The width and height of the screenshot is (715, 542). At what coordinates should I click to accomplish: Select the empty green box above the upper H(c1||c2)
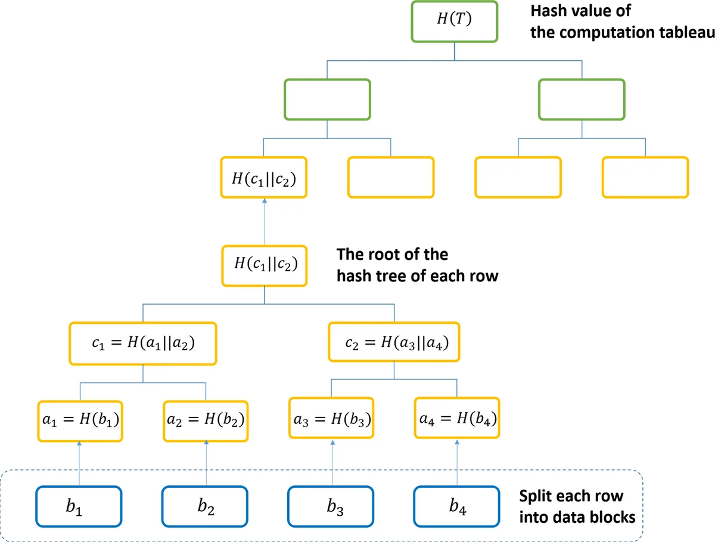pyautogui.click(x=327, y=98)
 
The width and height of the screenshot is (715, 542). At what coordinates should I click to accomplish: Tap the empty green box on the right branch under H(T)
pyautogui.click(x=582, y=98)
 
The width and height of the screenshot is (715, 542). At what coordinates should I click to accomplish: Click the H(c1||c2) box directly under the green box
pyautogui.click(x=263, y=177)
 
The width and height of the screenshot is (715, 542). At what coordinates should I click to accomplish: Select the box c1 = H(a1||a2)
pyautogui.click(x=143, y=343)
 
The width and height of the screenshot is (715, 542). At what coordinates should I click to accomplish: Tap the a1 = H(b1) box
pyautogui.click(x=80, y=419)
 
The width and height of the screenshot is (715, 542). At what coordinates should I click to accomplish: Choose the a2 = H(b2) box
pyautogui.click(x=206, y=419)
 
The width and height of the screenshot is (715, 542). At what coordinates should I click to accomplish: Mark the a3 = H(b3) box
pyautogui.click(x=332, y=419)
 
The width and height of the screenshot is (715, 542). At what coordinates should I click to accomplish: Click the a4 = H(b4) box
pyautogui.click(x=456, y=419)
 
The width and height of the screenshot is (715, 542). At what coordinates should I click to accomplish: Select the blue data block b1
pyautogui.click(x=79, y=507)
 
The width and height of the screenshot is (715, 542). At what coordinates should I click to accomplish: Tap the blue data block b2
pyautogui.click(x=206, y=507)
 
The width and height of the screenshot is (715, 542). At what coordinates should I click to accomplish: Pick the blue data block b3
pyautogui.click(x=332, y=507)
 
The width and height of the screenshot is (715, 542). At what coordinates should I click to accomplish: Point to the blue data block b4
pyautogui.click(x=456, y=507)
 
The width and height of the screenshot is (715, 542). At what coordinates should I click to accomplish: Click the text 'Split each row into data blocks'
pyautogui.click(x=577, y=507)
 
